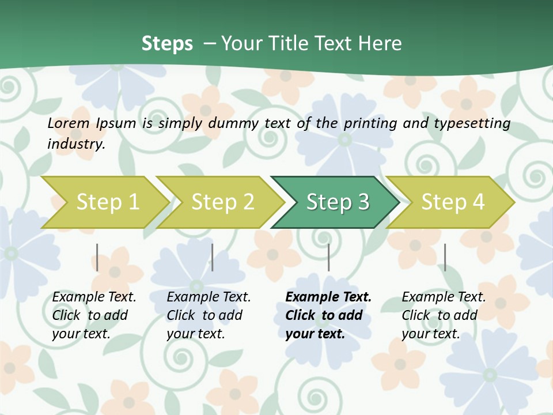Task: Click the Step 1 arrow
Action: (107, 202)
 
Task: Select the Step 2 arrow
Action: (222, 202)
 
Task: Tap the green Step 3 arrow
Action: (337, 202)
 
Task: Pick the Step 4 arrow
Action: (452, 202)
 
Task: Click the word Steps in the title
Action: (167, 43)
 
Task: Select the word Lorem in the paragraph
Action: (69, 123)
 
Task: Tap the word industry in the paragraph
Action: (76, 144)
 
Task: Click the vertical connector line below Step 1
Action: (97, 257)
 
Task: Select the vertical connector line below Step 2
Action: (213, 257)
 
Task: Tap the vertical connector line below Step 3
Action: (328, 257)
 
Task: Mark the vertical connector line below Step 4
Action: (445, 257)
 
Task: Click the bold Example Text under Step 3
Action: (328, 297)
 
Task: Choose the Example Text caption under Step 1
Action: (94, 297)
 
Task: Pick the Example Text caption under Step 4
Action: (444, 297)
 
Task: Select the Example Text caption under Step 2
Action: (209, 297)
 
